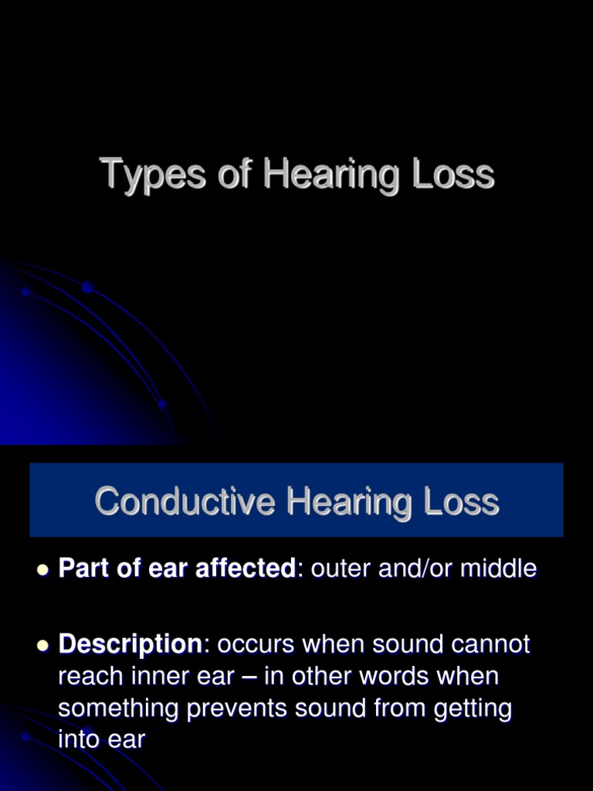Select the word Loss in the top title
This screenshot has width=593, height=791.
(x=453, y=174)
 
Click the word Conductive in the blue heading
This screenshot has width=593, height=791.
(x=185, y=501)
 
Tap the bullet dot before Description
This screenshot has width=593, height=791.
(x=42, y=645)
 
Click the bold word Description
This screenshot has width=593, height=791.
(x=130, y=643)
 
